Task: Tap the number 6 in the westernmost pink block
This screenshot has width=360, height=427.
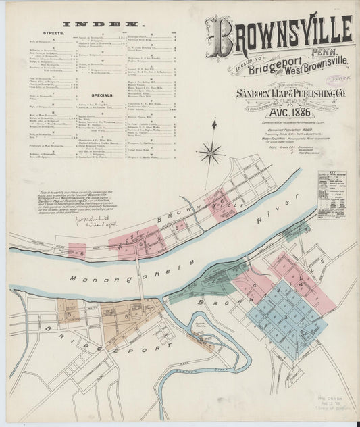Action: click(80, 253)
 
